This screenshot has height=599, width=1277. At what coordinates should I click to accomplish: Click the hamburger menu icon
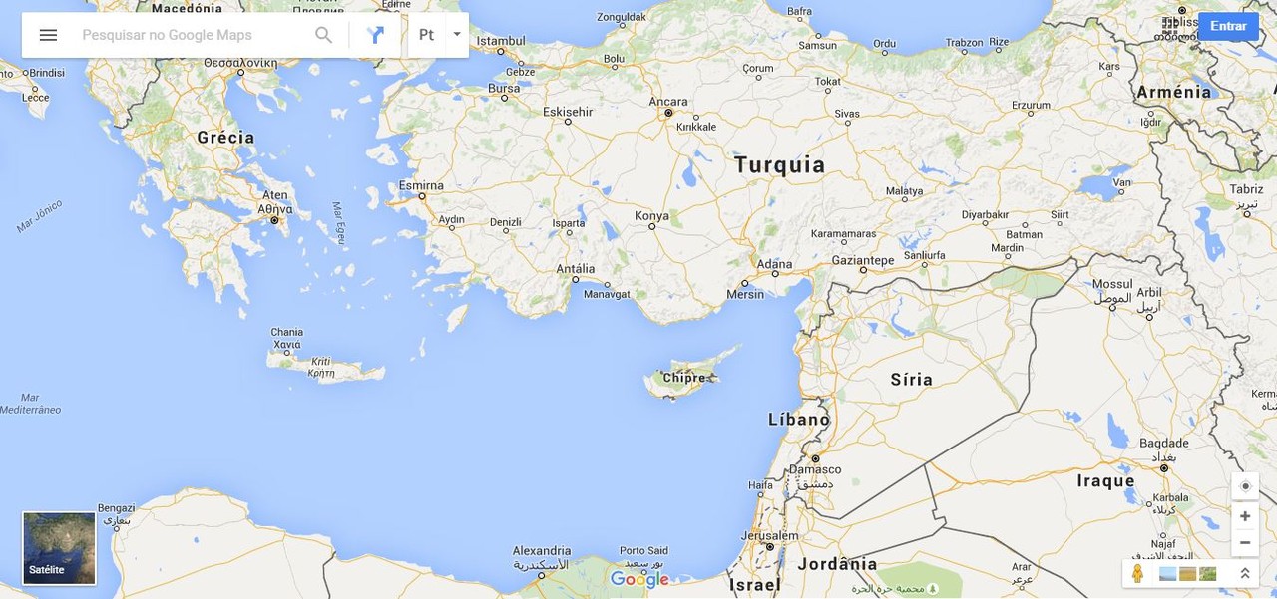click(x=48, y=35)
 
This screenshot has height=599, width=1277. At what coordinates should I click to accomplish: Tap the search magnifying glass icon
click(x=323, y=35)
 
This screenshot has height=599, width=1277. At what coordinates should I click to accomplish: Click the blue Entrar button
click(x=1228, y=26)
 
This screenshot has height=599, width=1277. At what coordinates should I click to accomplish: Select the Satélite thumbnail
click(x=59, y=548)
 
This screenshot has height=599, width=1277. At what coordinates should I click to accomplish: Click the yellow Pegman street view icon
click(x=1137, y=574)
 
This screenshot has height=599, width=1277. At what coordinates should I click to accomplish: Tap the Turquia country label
click(x=779, y=165)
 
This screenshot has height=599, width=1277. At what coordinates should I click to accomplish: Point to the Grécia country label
click(x=225, y=138)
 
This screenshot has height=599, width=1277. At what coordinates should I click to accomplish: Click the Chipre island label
click(x=684, y=378)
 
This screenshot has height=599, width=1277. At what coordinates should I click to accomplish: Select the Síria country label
click(x=911, y=379)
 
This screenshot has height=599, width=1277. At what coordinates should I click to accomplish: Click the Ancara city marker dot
click(x=668, y=113)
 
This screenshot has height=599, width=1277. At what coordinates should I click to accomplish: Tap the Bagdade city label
click(x=1163, y=444)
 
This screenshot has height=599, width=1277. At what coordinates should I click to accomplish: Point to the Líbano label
click(x=798, y=420)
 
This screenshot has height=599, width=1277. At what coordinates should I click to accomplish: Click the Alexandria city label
click(x=542, y=551)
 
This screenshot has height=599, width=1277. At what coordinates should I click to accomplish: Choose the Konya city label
click(x=652, y=215)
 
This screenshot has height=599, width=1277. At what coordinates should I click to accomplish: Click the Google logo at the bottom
click(x=639, y=579)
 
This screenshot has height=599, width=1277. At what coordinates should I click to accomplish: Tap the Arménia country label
click(x=1173, y=92)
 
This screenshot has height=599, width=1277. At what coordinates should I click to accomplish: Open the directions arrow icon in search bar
click(x=375, y=35)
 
